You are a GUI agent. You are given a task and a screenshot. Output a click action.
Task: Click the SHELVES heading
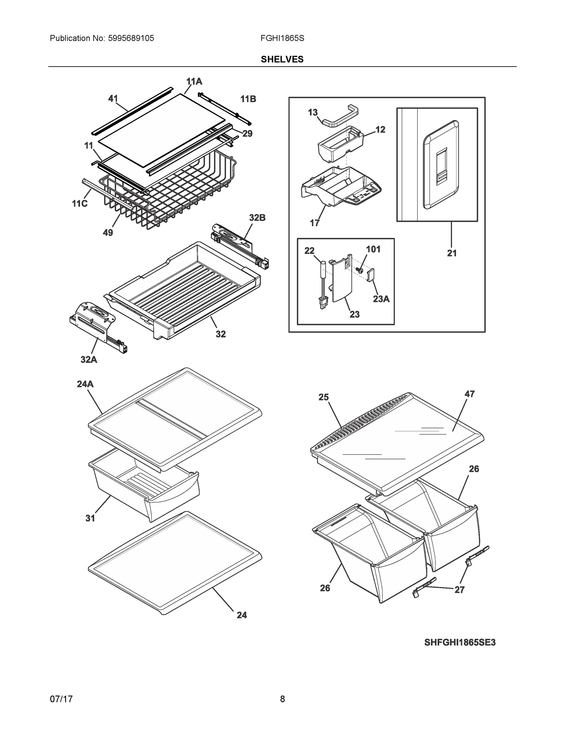coord(282,59)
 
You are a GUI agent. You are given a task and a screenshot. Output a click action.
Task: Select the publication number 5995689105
coord(131,38)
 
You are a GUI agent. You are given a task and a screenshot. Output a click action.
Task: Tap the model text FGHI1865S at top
coord(282,38)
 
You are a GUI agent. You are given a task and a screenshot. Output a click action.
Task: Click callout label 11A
coord(194,81)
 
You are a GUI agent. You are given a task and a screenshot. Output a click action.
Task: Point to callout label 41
coord(113,98)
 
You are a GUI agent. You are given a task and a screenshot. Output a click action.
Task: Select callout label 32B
coord(257,217)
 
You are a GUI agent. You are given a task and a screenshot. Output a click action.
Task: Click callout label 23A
coord(381,299)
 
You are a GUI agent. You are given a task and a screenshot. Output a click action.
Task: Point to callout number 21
coord(451,253)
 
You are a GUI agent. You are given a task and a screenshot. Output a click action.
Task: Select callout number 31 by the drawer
coord(90,518)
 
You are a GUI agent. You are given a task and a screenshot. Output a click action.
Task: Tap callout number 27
coord(459,590)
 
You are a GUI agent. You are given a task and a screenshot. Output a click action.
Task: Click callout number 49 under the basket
coord(108,232)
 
